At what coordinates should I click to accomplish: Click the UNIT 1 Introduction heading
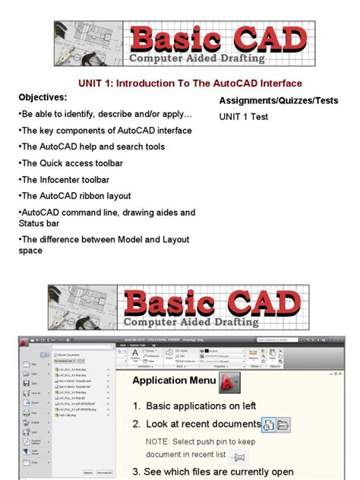pyautogui.click(x=190, y=84)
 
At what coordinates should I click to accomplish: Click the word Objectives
pyautogui.click(x=43, y=98)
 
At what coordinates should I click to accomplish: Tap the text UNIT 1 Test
pyautogui.click(x=244, y=117)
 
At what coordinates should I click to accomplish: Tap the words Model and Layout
pyautogui.click(x=152, y=239)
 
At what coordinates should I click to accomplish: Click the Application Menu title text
pyautogui.click(x=170, y=381)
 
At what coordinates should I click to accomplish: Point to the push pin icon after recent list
pyautogui.click(x=238, y=456)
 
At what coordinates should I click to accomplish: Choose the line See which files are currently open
pyautogui.click(x=213, y=472)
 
